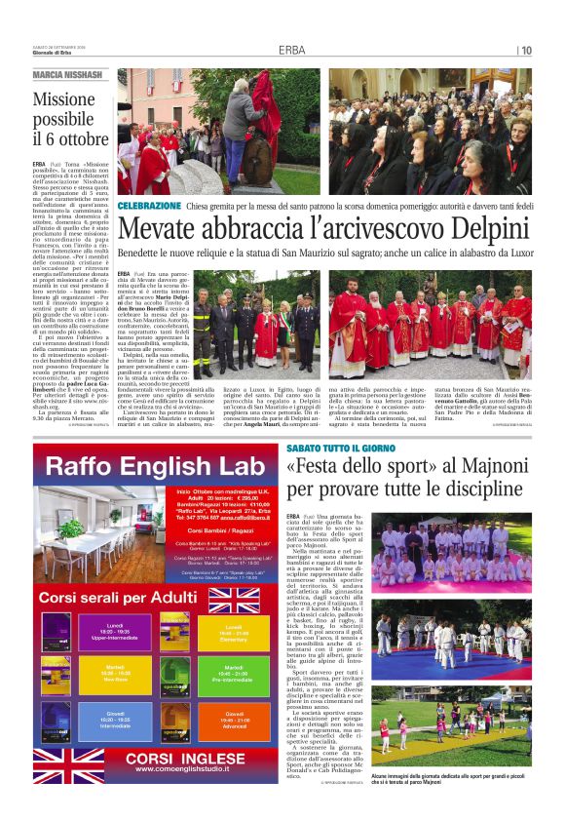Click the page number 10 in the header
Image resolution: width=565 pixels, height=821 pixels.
coord(527,50)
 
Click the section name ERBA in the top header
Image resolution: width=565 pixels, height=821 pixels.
coord(291,50)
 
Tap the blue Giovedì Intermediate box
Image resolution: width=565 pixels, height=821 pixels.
coord(114,721)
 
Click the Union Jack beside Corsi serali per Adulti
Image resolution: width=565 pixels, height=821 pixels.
coord(234,596)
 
